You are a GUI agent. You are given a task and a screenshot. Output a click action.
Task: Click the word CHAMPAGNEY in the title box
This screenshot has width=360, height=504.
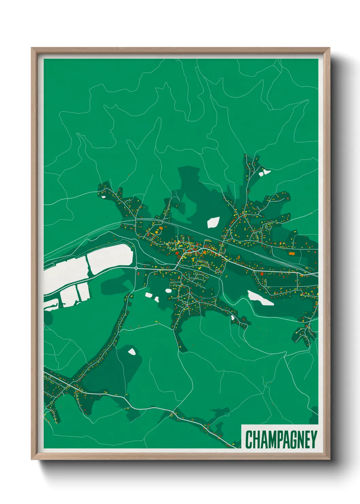pos(281,439)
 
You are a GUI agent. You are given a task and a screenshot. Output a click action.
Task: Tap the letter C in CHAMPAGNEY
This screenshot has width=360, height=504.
pos(249,439)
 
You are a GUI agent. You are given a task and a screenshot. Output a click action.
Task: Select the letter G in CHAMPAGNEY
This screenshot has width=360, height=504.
pos(289,439)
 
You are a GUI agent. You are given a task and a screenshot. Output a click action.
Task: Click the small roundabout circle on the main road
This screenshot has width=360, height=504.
pos(136,268)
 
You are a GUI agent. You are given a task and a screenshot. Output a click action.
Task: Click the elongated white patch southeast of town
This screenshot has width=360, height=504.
pos(260,298)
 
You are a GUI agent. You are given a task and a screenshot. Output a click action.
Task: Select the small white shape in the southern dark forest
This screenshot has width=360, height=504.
pos(132,351)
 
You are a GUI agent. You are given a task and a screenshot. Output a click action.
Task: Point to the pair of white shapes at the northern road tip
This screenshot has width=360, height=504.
pos(264,172)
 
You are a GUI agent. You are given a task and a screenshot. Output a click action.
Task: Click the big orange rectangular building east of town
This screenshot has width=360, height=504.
pos(291,253)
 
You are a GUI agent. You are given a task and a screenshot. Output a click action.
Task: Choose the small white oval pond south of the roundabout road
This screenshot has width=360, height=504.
pos(168,291)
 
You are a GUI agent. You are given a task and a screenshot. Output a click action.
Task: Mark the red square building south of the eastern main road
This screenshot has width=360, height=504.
pos(262,273)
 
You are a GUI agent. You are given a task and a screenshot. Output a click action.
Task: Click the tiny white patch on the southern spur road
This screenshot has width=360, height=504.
pos(232,318)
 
